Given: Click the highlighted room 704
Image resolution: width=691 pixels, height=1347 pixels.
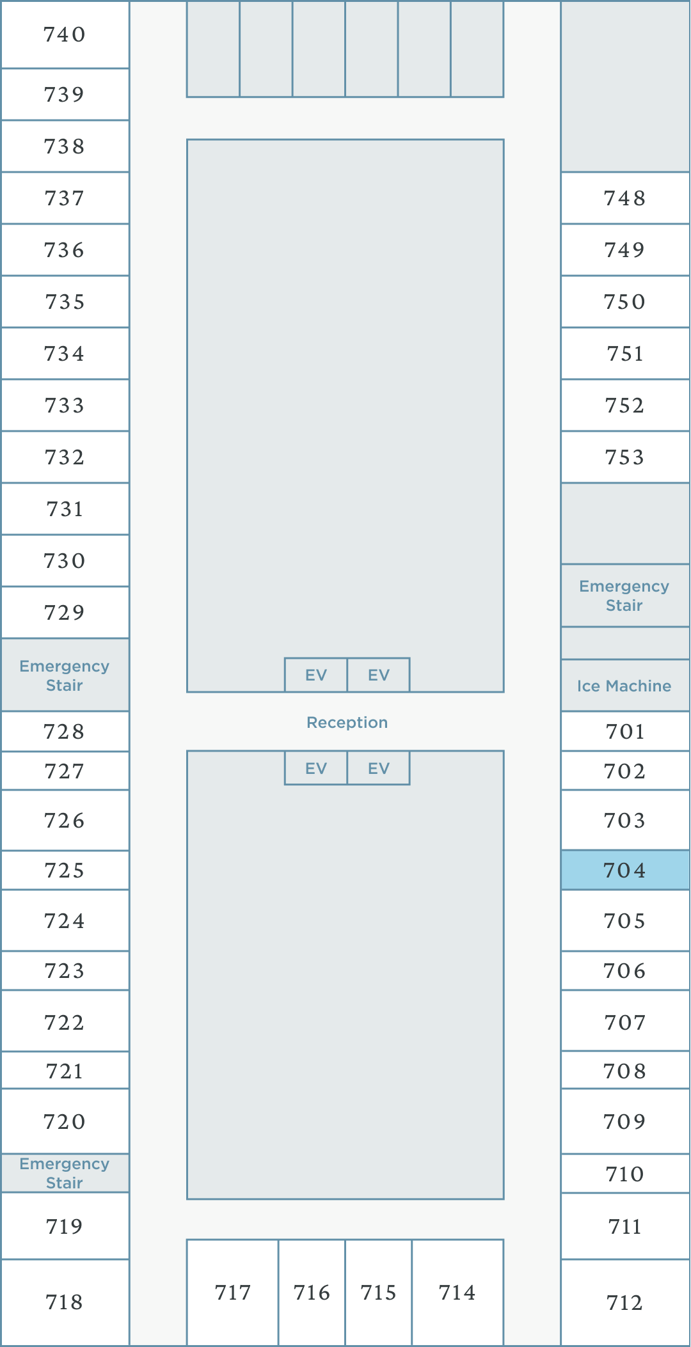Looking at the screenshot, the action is pos(625,870).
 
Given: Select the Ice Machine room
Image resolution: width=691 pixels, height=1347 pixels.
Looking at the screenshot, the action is pos(625,686).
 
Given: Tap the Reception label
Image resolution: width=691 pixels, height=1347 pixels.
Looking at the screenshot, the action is pos(347,722).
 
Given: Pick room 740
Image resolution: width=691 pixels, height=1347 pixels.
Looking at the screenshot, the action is pos(65,35).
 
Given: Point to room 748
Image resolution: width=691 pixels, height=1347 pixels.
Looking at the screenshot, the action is pos(625,198).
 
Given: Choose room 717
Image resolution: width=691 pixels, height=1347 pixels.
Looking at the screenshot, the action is pos(232,1292).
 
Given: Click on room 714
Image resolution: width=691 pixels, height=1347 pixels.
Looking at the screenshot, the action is pos(457,1292).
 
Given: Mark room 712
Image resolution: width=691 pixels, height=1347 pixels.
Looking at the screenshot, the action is pos(625,1302).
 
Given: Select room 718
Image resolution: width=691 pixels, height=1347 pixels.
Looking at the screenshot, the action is pos(65,1302).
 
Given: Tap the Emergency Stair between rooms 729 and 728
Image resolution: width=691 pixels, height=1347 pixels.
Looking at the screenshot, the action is pos(65,675).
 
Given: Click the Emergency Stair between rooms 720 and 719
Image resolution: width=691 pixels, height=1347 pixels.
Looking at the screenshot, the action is pos(65,1173).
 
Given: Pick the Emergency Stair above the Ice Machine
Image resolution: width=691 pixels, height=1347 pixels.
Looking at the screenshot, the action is pos(625,595).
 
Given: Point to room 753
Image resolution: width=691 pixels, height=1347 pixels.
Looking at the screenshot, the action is pos(625,457).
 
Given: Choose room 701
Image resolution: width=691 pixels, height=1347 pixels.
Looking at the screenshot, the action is pos(625,731).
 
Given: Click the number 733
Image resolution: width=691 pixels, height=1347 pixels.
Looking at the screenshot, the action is pos(65,406).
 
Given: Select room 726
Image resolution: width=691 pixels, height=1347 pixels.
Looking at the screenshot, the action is pos(65,821).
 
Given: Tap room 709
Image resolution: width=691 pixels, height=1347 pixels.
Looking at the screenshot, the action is pos(625,1121).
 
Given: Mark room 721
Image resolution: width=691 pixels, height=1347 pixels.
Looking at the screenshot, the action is pos(65,1071).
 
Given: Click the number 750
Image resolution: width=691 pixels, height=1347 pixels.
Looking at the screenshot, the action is pos(625,302).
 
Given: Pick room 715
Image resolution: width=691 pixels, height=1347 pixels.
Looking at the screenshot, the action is pos(378,1292).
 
